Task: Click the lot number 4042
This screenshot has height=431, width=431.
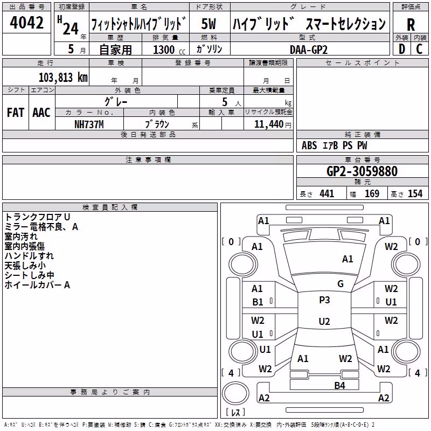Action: pos(26,23)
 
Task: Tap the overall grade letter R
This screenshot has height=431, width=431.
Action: pos(411,25)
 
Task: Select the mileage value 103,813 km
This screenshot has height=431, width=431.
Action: pos(63,78)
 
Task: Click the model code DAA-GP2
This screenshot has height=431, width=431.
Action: pos(309,50)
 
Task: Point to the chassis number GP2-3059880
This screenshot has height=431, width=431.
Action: pos(362,171)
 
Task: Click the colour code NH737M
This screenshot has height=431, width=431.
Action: pos(89,124)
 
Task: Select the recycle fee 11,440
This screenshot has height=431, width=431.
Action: pos(268,124)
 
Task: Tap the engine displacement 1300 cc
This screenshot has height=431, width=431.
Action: pos(169,50)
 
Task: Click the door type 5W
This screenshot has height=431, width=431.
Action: pos(208,24)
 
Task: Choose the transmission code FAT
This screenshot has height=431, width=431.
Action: pos(16,113)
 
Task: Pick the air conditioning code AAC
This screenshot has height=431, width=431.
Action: pos(41,113)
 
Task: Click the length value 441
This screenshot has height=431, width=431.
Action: pos(326,194)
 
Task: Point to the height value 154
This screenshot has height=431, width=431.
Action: pos(415,194)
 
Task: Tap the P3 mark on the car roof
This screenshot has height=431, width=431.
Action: pos(324,300)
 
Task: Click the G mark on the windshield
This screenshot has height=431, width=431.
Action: pos(340,284)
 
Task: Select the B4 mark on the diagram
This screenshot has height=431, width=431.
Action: pos(339,386)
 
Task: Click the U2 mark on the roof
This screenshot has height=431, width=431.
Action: pos(324,321)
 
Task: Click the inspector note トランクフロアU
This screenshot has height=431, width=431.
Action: pos(37,217)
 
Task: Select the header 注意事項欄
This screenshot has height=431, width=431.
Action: pos(148,159)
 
